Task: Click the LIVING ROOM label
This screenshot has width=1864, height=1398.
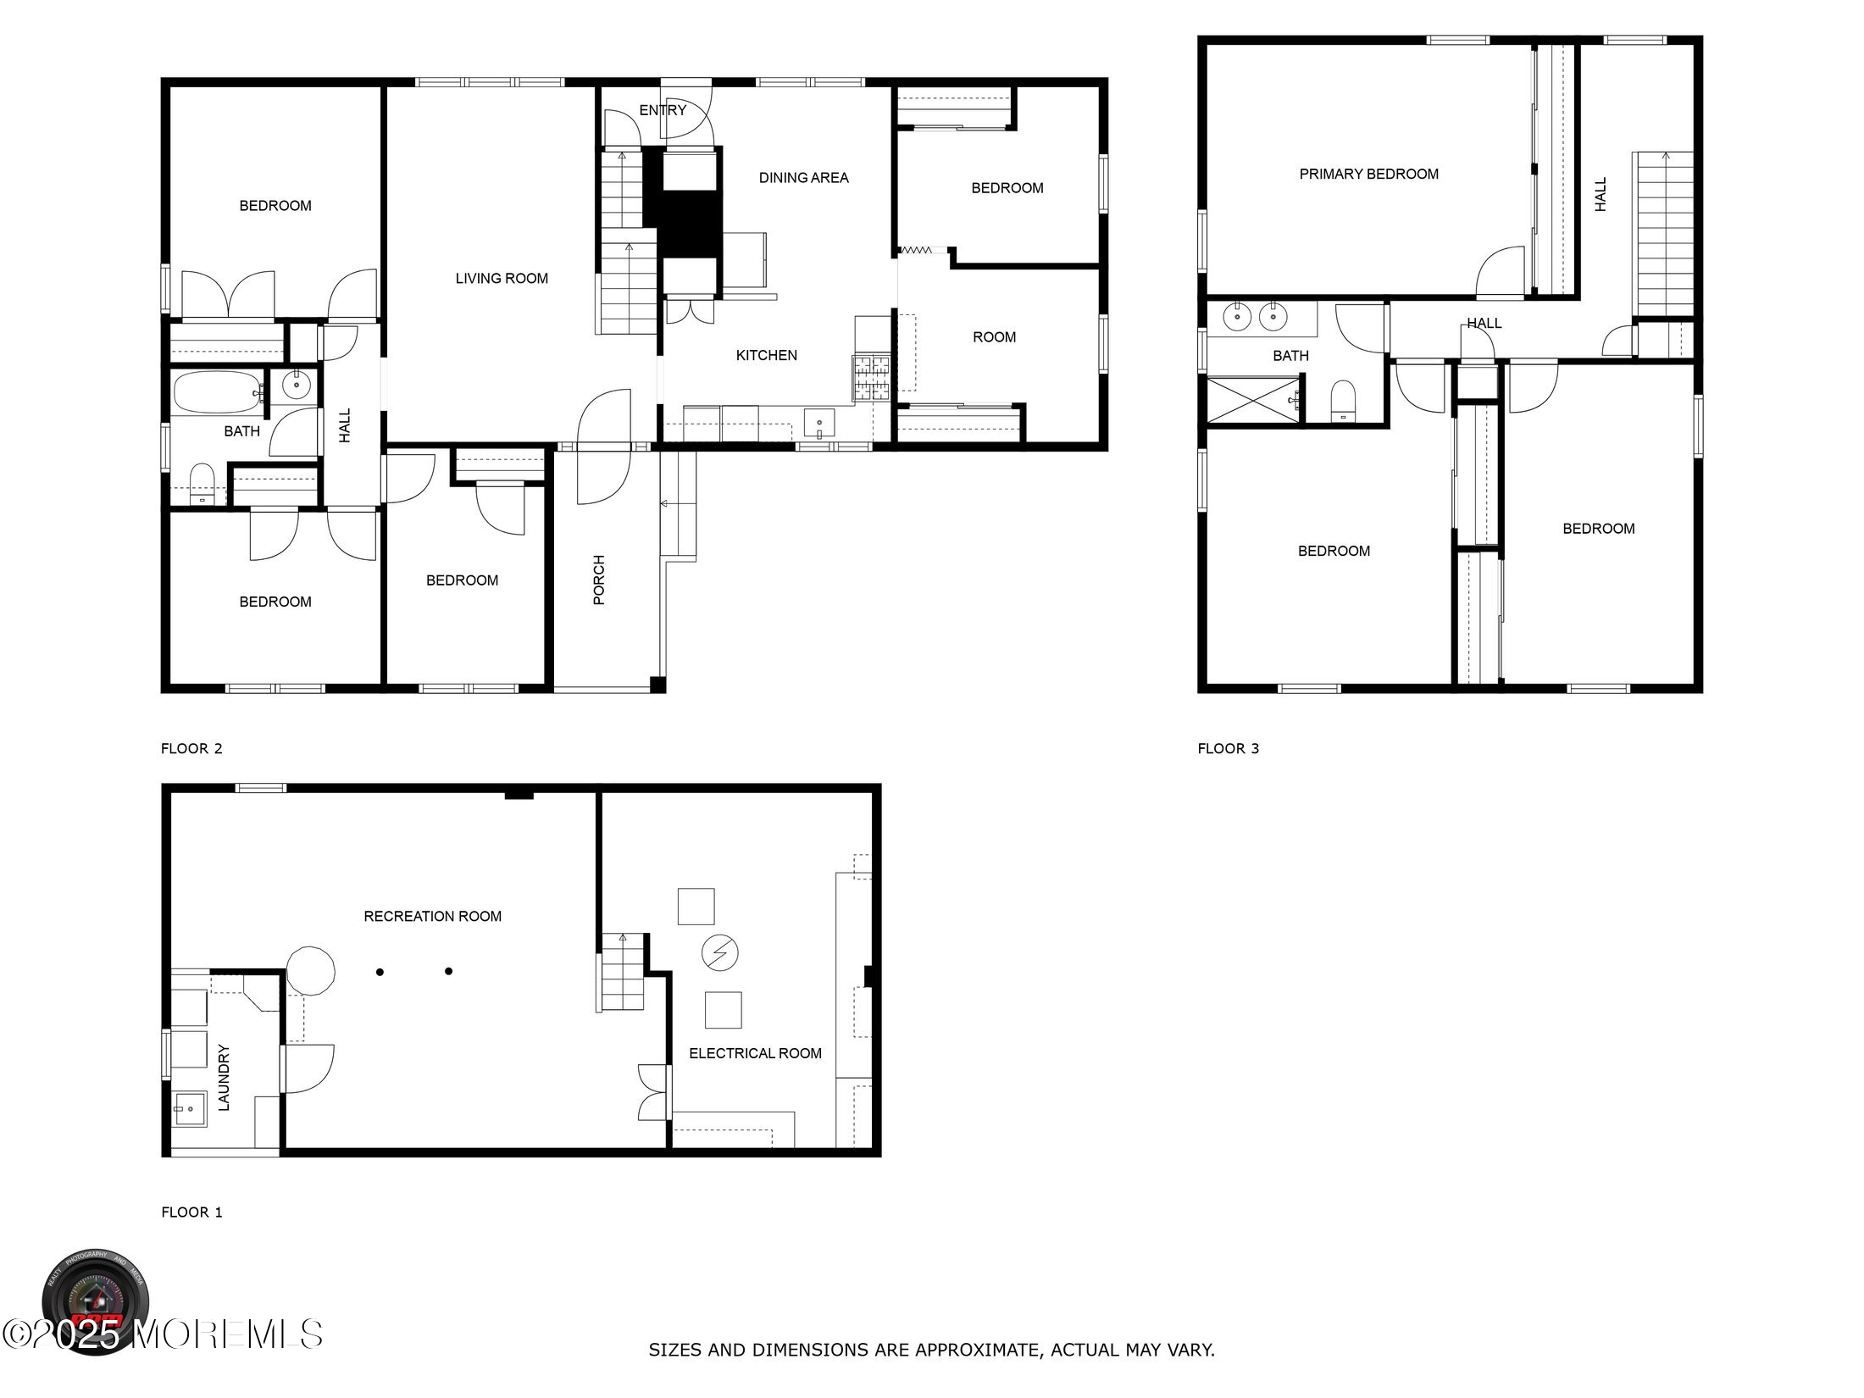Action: (502, 279)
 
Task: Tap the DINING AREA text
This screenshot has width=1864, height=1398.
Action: (803, 178)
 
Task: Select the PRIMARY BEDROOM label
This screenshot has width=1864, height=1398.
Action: (1368, 175)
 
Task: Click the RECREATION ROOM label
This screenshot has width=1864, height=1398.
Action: (432, 916)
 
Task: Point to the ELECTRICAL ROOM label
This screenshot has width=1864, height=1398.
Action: (755, 1053)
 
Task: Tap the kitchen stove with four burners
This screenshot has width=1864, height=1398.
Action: (872, 378)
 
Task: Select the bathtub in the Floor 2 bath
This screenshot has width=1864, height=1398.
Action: (218, 392)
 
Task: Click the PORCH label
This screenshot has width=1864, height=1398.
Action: (599, 580)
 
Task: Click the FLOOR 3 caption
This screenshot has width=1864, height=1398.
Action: (1228, 748)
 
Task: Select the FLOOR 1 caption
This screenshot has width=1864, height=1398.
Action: (191, 1212)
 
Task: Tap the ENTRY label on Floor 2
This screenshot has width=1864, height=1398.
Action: (663, 110)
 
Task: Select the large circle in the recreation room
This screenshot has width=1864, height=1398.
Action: (310, 971)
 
